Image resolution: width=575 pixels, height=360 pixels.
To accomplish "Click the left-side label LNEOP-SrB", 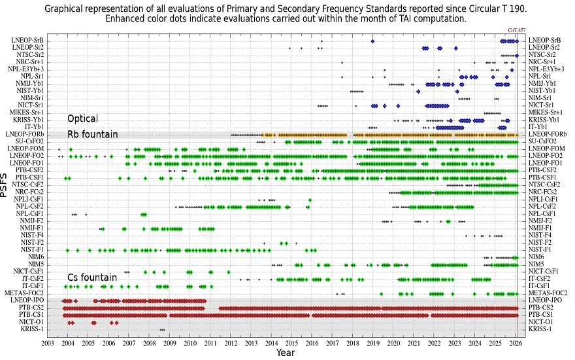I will pos(27,41).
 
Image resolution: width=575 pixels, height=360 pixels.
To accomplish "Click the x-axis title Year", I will pos(285,353).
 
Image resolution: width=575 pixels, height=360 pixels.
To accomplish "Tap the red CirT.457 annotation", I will pos(517,30).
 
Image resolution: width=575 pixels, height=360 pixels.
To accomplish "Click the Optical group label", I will pos(83,119).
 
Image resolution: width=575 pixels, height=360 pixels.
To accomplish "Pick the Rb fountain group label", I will pos(93,134).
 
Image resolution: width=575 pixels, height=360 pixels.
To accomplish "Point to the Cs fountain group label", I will pos(92,278).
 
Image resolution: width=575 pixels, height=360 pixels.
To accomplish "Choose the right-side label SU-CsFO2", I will pos(542,141).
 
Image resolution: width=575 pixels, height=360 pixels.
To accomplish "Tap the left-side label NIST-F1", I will pos(32,249).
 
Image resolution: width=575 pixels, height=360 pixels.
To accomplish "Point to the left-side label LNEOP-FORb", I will pos(25,134).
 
